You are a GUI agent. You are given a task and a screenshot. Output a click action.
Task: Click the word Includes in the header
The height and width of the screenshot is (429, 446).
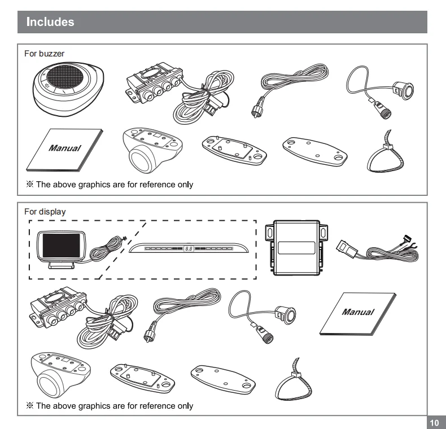tap(50, 23)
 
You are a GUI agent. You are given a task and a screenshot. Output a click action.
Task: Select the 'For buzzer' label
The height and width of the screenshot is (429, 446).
tap(44, 54)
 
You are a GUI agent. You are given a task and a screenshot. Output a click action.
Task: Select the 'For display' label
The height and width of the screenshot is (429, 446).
tap(45, 212)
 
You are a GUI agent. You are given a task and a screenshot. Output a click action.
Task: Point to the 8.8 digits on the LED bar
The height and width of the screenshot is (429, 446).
tap(188, 248)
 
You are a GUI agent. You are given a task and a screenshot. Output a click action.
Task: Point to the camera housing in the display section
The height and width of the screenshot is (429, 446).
tap(59, 375)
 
